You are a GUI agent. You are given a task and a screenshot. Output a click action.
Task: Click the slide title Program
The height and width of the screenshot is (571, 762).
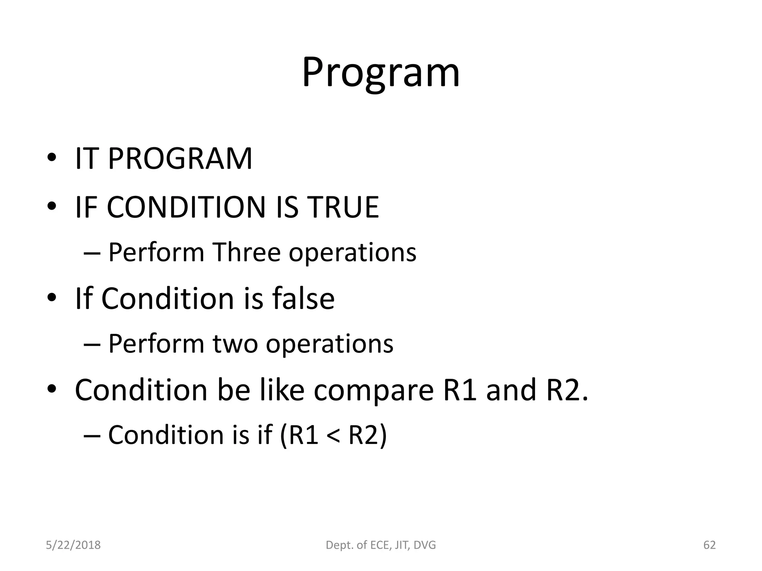(x=381, y=73)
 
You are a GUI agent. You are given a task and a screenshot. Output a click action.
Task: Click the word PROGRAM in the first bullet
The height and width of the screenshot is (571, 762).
(x=180, y=159)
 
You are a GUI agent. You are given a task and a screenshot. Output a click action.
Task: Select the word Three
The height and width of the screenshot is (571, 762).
(x=246, y=253)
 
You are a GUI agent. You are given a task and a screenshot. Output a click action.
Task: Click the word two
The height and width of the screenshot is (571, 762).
(x=235, y=344)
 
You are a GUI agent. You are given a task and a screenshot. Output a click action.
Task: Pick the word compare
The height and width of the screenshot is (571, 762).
(x=374, y=390)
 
